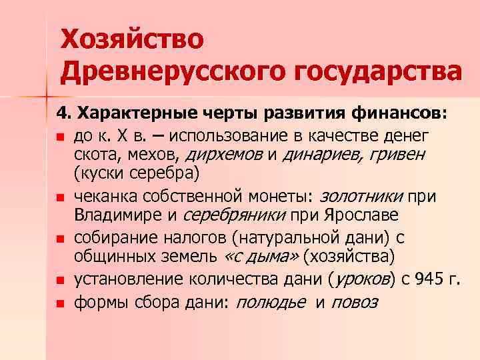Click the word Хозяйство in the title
[x=131, y=38]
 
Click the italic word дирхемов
[x=223, y=155]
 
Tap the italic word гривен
[x=397, y=155]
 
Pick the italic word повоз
[x=354, y=302]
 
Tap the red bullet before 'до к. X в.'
[x=60, y=137]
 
